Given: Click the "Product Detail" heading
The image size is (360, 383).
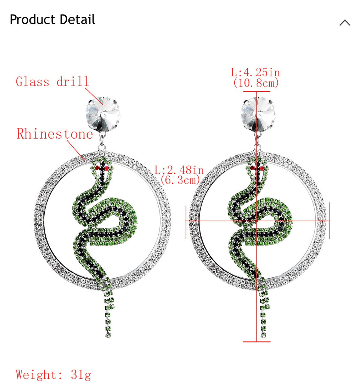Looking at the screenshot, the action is (x=52, y=20).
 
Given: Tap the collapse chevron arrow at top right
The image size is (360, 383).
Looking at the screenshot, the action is (x=345, y=23).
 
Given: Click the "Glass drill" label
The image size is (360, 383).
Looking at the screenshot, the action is (x=52, y=82).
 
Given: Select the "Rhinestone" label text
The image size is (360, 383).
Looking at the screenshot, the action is (x=55, y=134).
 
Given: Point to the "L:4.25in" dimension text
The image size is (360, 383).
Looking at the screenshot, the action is (x=255, y=72).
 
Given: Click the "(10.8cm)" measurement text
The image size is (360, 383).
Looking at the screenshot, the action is (x=256, y=83).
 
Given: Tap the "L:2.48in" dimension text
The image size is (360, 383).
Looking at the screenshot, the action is (x=179, y=170).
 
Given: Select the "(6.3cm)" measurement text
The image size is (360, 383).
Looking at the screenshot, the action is (x=180, y=180).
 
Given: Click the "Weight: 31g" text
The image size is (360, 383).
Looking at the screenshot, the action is (x=53, y=375).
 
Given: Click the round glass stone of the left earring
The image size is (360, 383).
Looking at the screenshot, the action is (x=102, y=114).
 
